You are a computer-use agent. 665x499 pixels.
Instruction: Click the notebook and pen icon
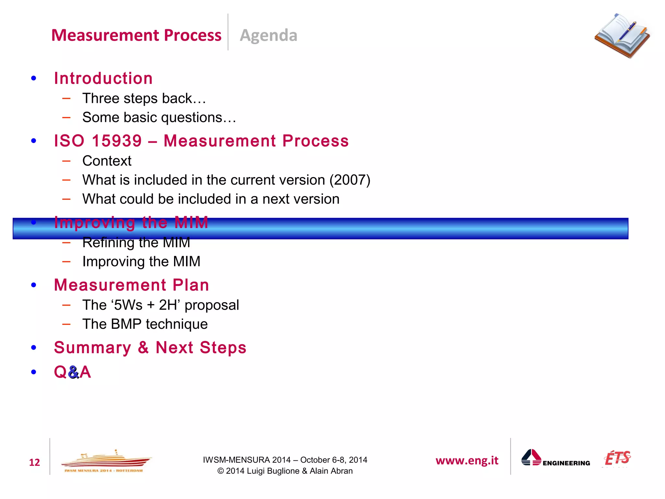622,35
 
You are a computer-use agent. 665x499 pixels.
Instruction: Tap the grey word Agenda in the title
268,35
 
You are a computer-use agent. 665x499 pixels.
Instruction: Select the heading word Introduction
103,78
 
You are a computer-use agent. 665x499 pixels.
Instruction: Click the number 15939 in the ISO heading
117,141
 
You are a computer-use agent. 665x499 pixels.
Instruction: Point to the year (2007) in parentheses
350,180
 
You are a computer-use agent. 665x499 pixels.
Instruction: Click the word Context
107,161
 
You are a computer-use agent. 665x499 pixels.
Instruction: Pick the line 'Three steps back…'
144,98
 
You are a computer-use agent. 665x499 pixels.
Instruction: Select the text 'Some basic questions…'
159,117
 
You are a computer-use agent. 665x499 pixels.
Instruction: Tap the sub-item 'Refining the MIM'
136,243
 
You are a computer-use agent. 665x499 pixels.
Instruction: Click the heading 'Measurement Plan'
132,285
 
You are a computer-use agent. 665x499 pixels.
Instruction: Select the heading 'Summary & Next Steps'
150,348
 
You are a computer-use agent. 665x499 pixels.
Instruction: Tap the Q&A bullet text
72,372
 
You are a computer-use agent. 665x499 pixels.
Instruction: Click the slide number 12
34,462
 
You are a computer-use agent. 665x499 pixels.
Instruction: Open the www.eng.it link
467,461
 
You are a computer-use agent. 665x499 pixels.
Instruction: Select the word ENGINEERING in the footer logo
566,463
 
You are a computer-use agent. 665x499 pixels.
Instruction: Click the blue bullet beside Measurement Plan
33,285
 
